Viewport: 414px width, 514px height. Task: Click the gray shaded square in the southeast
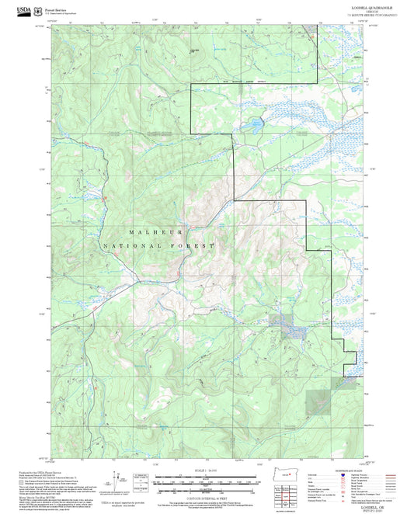point(319,401)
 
